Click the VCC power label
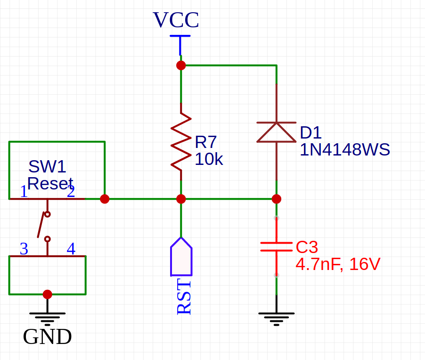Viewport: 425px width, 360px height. point(176,21)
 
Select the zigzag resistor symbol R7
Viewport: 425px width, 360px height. point(181,141)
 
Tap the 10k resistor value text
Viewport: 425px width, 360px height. point(209,160)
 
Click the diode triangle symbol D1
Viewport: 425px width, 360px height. point(276,132)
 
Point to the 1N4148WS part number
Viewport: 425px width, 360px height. point(345,150)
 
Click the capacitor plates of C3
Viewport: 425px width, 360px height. point(276,247)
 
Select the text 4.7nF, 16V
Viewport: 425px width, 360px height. point(337,264)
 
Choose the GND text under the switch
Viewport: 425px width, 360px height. point(47,337)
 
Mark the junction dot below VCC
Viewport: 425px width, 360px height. point(181,65)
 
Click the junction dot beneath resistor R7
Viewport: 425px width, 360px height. point(181,199)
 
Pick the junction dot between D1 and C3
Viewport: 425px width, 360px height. point(276,199)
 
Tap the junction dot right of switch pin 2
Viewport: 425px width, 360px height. point(105,199)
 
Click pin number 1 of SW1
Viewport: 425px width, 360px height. point(24,192)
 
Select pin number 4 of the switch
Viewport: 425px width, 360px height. point(71,249)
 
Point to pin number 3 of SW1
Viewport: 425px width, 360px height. point(24,249)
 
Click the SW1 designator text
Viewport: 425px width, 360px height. point(47,167)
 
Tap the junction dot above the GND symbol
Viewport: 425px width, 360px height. point(47,295)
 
